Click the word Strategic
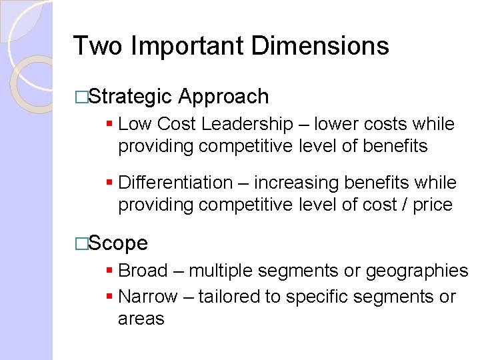tap(130, 97)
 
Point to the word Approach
tap(223, 97)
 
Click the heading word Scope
tap(118, 243)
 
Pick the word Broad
tap(143, 271)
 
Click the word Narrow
tap(147, 297)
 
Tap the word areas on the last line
tap(141, 319)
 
